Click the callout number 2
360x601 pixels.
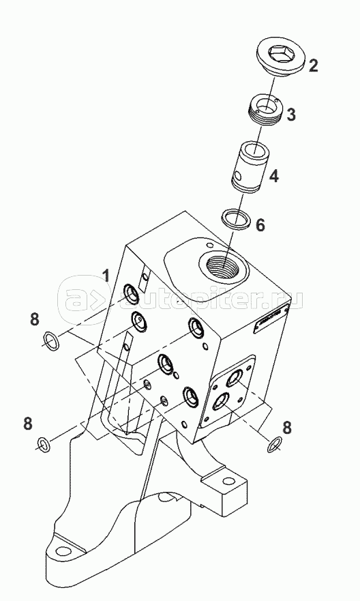313,65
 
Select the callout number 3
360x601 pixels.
291,115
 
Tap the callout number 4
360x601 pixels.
273,176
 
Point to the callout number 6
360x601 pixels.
260,225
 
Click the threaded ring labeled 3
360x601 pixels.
265,110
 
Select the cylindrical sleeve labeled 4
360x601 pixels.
250,168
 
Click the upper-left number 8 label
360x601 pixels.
35,319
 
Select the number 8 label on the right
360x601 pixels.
287,427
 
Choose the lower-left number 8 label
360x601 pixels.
27,424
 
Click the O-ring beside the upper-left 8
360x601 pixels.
51,340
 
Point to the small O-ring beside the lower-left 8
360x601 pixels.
43,444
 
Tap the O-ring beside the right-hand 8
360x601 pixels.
274,443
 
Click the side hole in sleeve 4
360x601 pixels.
239,176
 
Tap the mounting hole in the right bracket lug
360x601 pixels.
228,480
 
